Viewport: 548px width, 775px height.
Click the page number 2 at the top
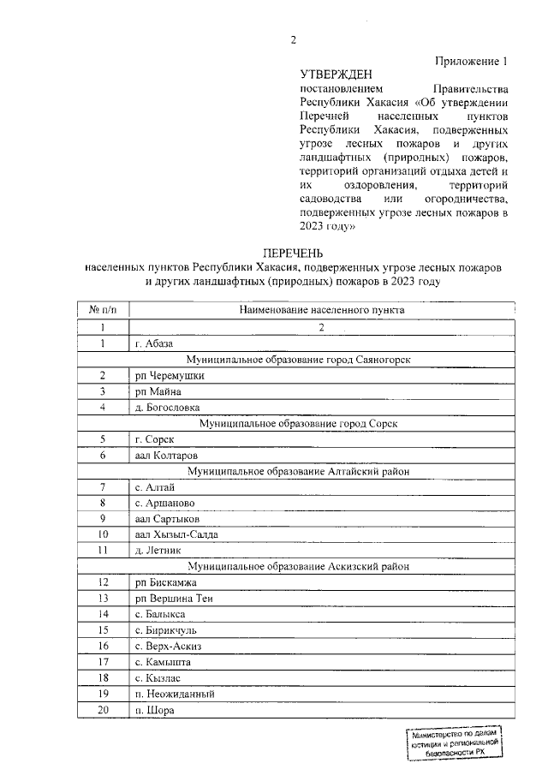[x=294, y=39]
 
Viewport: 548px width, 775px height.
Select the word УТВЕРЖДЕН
[x=336, y=75]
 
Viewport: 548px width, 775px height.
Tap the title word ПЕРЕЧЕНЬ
[x=294, y=253]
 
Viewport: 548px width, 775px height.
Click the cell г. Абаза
[x=154, y=343]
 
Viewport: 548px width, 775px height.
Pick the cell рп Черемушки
[x=170, y=375]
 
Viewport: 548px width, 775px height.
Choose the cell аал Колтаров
[x=166, y=455]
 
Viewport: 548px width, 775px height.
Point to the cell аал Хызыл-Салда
[x=176, y=534]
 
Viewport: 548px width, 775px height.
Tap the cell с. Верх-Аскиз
[x=168, y=646]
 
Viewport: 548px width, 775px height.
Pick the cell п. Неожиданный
[x=174, y=694]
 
